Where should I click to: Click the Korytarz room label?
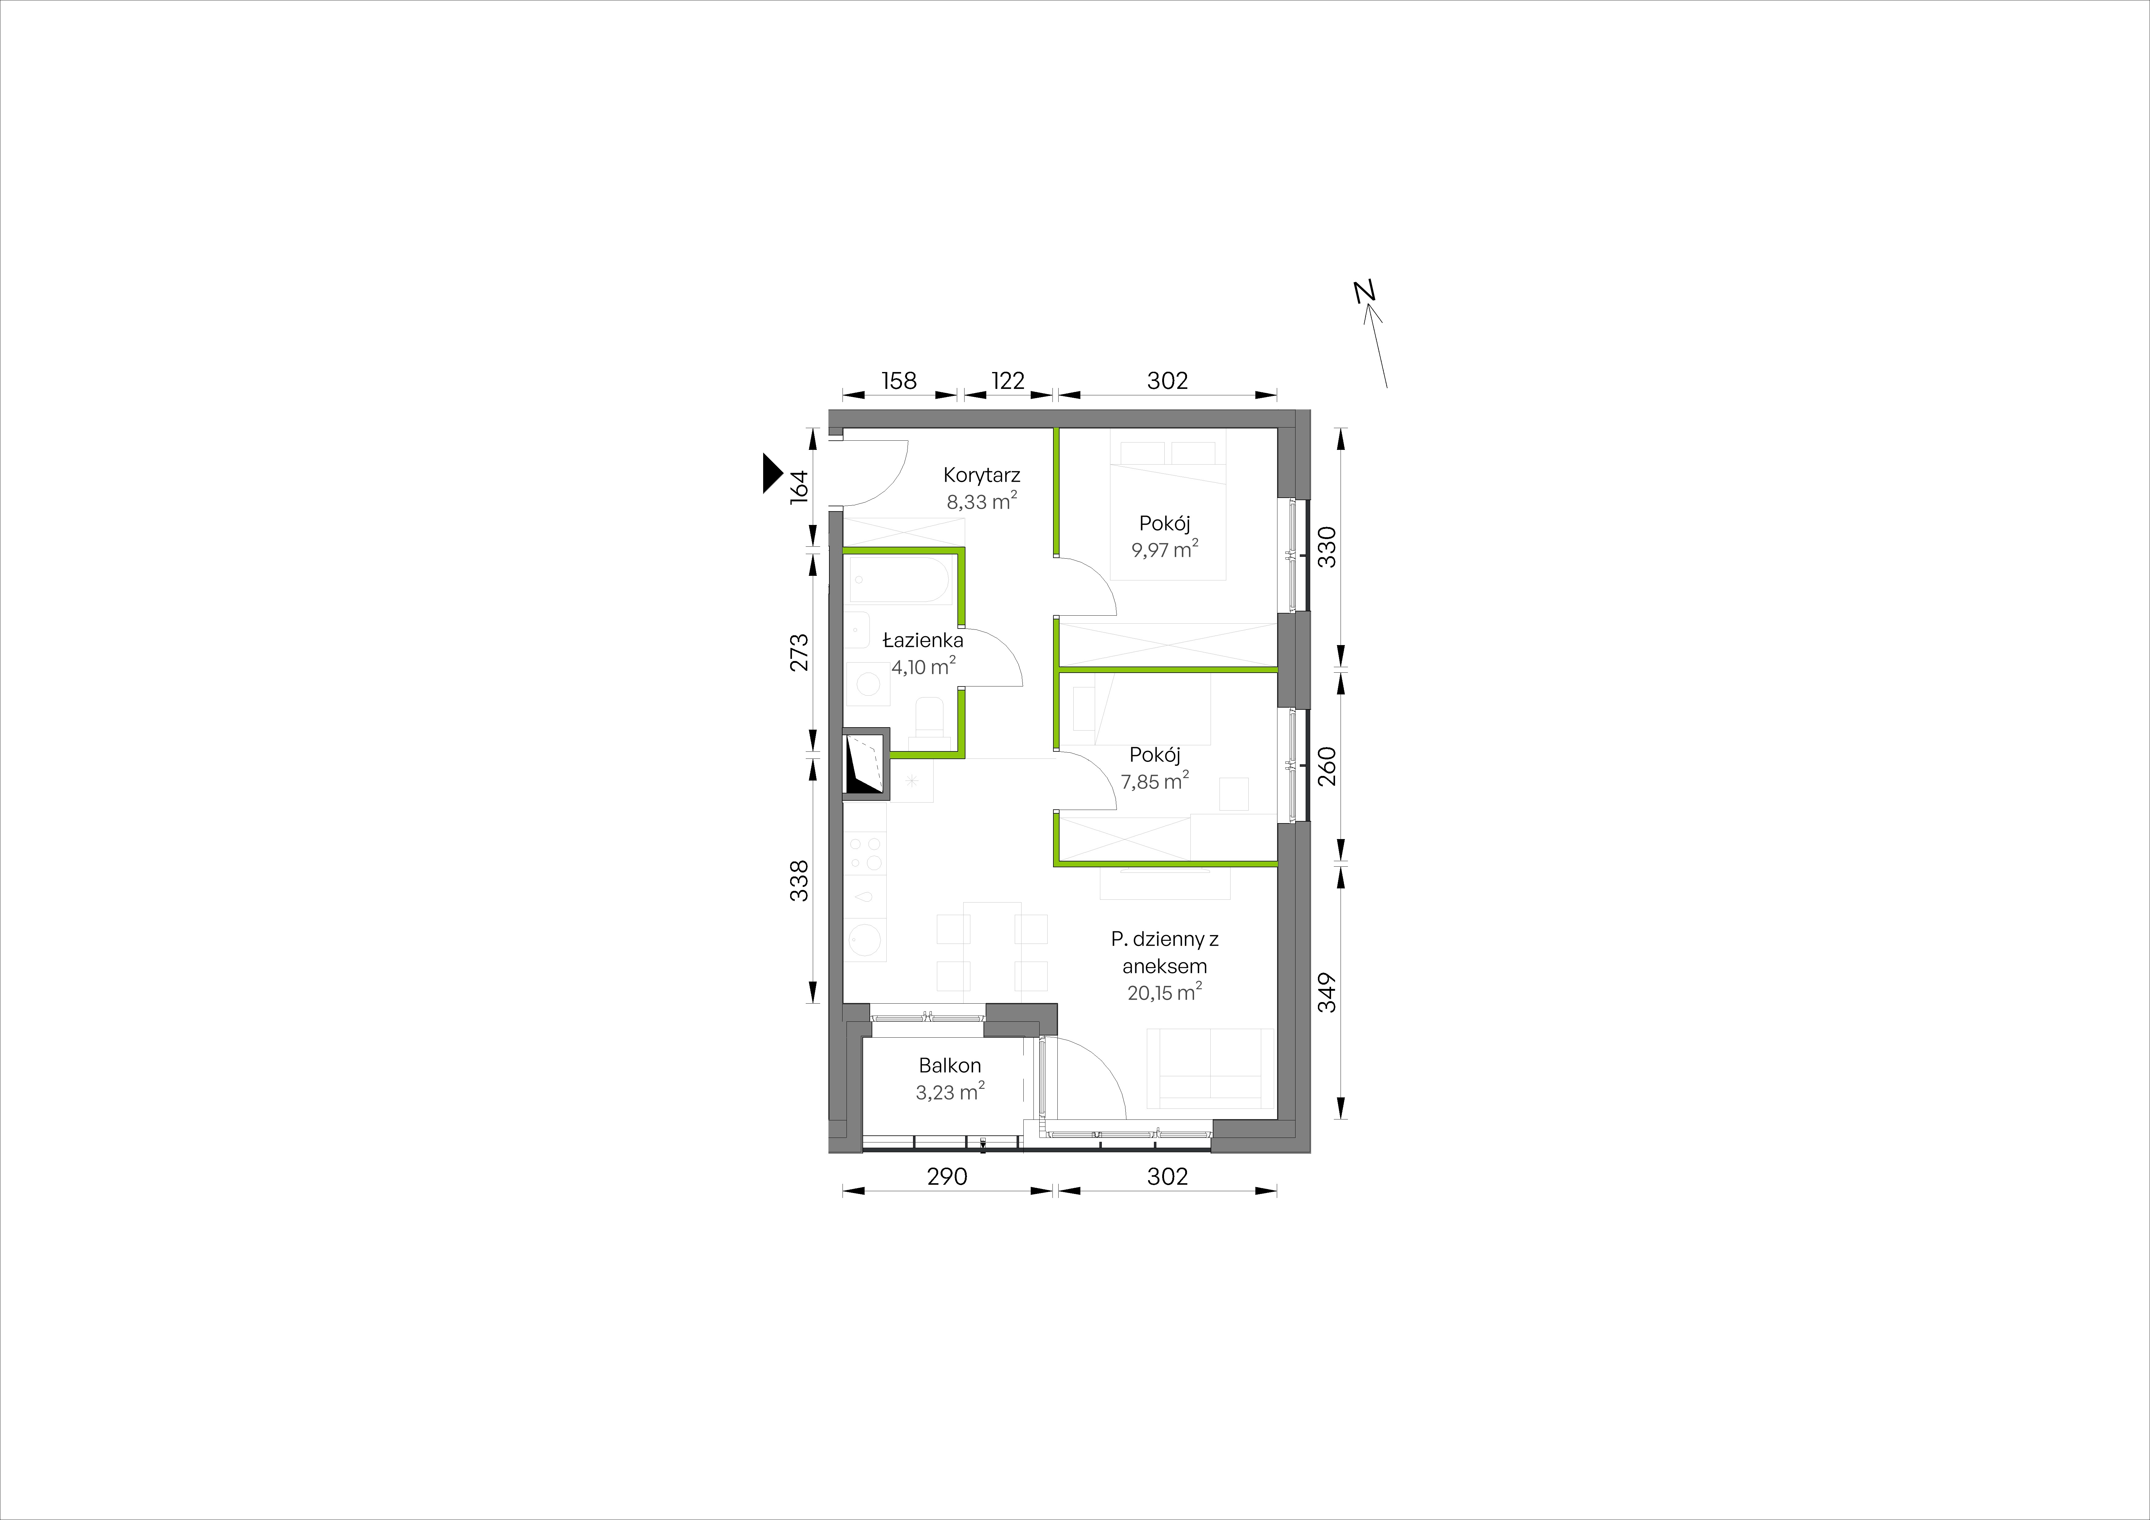click(981, 475)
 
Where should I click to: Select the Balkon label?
click(949, 1065)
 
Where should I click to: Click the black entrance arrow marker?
click(772, 473)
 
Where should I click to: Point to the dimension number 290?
click(947, 1177)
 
